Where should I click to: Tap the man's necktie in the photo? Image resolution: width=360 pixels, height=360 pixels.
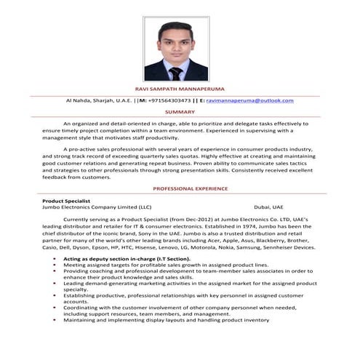pyautogui.click(x=175, y=72)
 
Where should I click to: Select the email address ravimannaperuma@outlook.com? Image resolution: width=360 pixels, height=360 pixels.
pyautogui.click(x=249, y=100)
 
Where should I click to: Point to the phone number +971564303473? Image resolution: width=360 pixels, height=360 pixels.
pyautogui.click(x=171, y=100)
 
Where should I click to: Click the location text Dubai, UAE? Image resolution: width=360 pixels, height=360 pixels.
pyautogui.click(x=269, y=207)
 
